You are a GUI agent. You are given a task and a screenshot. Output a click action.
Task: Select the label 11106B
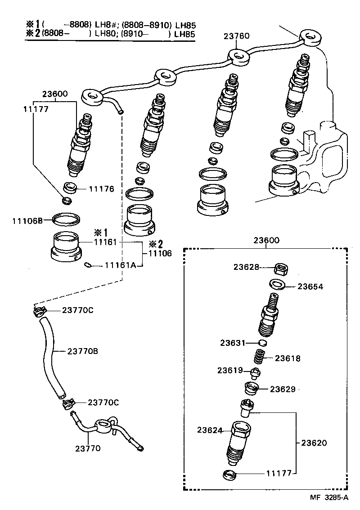pyautogui.click(x=27, y=220)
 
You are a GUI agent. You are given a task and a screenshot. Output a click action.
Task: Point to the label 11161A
pyautogui.click(x=120, y=265)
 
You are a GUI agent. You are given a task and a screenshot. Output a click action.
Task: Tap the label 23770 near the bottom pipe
pyautogui.click(x=88, y=448)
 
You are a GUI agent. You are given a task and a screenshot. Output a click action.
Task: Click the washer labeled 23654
pyautogui.click(x=277, y=285)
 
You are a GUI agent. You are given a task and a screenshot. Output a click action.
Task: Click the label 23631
pyautogui.click(x=232, y=343)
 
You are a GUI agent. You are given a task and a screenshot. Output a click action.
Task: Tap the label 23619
pyautogui.click(x=229, y=371)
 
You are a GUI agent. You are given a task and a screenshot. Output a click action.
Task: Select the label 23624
pyautogui.click(x=209, y=430)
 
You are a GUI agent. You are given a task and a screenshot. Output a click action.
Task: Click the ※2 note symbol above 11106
pyautogui.click(x=156, y=244)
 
